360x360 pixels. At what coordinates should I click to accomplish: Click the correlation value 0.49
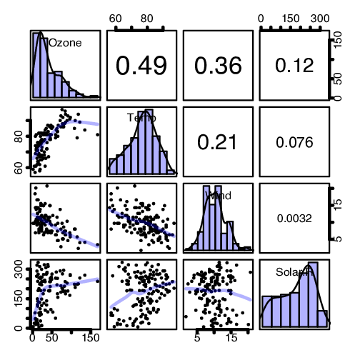pos(141,66)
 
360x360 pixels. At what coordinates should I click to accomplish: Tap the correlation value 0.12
pos(294,66)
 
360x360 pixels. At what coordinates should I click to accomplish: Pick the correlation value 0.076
pos(294,142)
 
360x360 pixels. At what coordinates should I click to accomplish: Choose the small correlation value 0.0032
pos(294,219)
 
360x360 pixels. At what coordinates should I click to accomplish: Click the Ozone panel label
pos(65,43)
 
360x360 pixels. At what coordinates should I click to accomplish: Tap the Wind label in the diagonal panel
pos(218,194)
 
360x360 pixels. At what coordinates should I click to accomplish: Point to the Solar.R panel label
pos(294,271)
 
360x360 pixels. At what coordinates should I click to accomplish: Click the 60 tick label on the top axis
pos(118,18)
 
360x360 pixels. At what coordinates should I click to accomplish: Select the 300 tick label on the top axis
pos(320,18)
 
